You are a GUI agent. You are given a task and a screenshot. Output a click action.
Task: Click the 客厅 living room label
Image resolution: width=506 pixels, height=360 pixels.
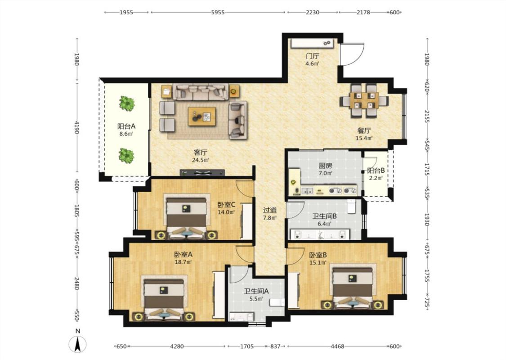201,153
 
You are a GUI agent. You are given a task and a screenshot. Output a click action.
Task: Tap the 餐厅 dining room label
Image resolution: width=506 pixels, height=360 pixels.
364,131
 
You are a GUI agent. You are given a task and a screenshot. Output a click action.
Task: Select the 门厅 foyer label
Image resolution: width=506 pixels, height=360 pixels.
313,56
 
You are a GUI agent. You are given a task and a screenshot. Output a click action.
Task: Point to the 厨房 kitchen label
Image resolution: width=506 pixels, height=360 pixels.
325,166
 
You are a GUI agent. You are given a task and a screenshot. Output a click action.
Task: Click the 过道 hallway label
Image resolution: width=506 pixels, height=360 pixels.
270,210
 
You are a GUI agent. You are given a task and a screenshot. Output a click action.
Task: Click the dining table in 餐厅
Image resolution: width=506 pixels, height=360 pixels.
364,100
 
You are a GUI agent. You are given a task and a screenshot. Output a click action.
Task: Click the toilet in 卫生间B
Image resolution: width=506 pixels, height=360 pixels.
352,207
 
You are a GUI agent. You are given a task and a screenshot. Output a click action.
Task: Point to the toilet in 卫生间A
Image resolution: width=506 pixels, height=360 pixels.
277,302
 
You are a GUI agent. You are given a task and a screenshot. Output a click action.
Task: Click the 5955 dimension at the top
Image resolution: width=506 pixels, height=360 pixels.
218,13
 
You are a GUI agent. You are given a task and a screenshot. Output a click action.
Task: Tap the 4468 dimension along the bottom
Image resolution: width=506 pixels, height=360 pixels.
337,346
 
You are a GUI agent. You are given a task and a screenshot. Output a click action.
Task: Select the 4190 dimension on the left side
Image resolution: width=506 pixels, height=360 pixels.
77,127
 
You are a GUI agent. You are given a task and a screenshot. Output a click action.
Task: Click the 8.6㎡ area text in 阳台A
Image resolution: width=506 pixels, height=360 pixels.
126,134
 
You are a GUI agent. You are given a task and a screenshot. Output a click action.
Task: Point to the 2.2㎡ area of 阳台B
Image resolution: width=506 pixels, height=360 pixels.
376,178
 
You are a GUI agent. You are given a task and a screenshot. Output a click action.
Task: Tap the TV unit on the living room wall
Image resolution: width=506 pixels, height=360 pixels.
202,173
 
